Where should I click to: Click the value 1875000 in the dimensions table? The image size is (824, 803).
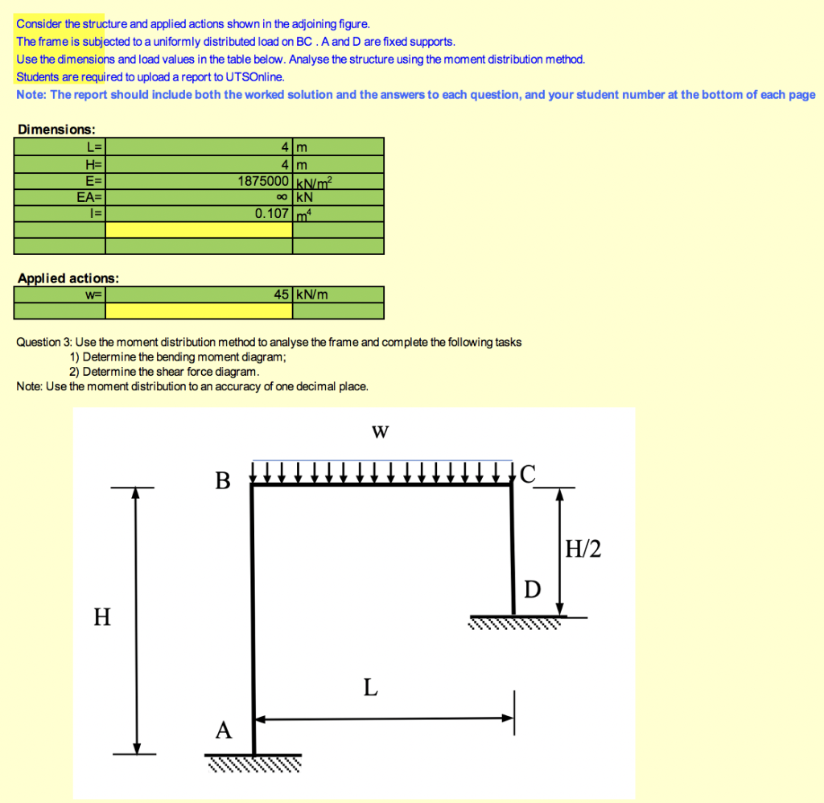264,181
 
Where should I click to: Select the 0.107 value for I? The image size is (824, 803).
272,213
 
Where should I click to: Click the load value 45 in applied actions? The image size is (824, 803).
281,294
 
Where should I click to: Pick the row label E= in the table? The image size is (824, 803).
93,181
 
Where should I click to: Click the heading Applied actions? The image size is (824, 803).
68,278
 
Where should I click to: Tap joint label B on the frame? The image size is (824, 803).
223,481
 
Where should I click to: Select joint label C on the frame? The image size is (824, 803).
526,475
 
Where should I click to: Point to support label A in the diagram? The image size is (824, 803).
224,730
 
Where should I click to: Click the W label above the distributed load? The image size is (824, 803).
381,433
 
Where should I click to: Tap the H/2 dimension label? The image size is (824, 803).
583,550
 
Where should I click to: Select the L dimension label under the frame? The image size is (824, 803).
369,687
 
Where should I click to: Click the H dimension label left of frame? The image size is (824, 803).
101,617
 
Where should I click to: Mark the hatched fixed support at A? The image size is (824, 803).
254,762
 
